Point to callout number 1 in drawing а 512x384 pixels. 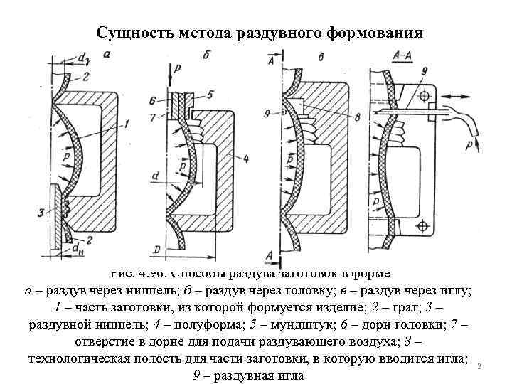coord(125,124)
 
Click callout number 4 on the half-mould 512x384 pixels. coord(245,159)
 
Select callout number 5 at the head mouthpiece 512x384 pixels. coord(210,95)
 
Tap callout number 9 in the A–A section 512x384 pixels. coord(423,71)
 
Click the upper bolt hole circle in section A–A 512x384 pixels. coord(424,95)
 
